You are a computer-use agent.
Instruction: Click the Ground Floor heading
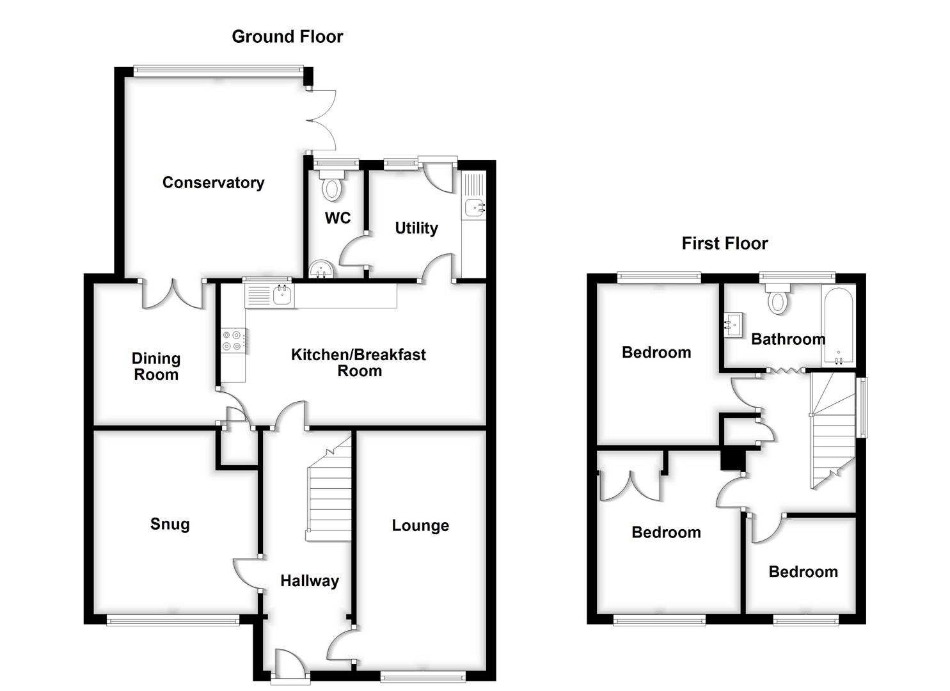[287, 37]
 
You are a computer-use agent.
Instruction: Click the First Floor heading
[724, 244]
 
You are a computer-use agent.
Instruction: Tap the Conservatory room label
[213, 183]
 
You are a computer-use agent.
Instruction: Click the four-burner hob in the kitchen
[232, 340]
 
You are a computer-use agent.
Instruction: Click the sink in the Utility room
[474, 207]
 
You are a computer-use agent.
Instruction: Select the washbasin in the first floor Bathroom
[734, 324]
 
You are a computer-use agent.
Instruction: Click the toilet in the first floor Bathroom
[778, 300]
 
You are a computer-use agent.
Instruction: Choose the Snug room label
[170, 525]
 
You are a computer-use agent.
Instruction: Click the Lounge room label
[420, 526]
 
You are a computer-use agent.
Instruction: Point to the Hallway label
[310, 581]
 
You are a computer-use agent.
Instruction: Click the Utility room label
[416, 228]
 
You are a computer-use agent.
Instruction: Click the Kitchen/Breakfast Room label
[358, 363]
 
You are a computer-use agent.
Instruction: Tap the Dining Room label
[156, 367]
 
